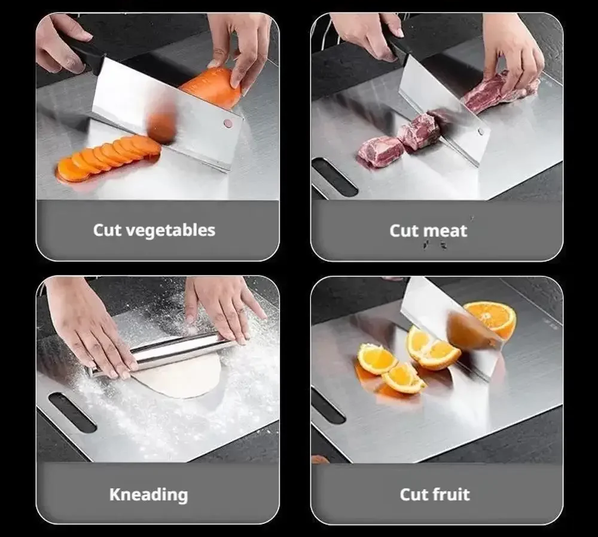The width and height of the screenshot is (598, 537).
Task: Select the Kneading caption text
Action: [149, 495]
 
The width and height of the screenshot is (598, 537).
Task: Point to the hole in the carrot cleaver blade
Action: [228, 122]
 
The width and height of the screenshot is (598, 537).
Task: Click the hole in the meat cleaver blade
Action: [481, 132]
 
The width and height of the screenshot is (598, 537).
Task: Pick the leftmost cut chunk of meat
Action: [380, 152]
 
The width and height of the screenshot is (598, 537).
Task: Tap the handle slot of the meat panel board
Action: [335, 177]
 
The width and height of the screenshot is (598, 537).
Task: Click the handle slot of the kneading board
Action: [72, 412]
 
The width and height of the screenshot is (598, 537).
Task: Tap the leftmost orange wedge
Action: [376, 358]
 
